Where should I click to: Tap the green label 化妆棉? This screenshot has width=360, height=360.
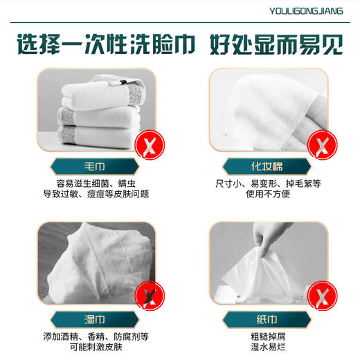click(266, 167)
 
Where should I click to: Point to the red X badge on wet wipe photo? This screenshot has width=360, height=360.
click(147, 297)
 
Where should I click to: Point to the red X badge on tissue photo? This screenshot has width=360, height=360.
click(319, 297)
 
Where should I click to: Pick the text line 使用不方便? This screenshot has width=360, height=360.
click(267, 195)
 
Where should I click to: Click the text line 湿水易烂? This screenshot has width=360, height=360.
click(267, 348)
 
